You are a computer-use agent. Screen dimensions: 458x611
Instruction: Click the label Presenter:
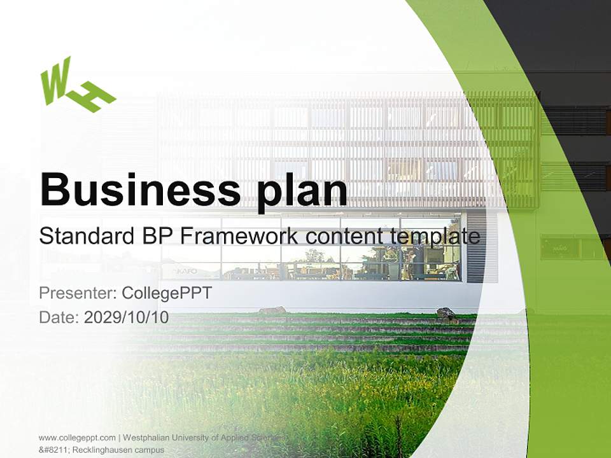click(x=77, y=293)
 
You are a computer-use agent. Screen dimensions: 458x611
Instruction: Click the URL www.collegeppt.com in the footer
click(x=77, y=438)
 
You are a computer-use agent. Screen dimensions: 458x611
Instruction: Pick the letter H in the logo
click(x=92, y=97)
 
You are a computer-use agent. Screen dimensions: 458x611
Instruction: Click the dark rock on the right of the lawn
click(x=446, y=314)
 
